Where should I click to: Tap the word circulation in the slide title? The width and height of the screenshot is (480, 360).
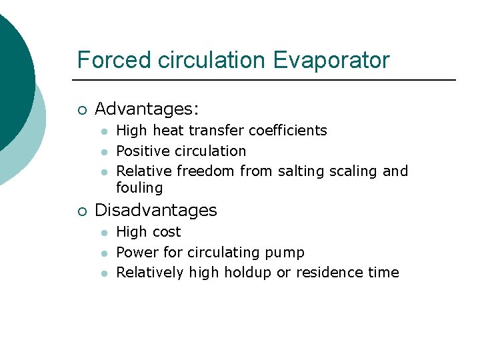(x=213, y=60)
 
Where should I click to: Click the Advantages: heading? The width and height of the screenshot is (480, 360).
(x=147, y=109)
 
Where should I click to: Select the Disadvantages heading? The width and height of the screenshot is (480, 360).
(x=156, y=210)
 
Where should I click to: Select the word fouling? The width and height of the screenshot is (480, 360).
(x=139, y=188)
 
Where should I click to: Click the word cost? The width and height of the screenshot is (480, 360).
(x=167, y=232)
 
